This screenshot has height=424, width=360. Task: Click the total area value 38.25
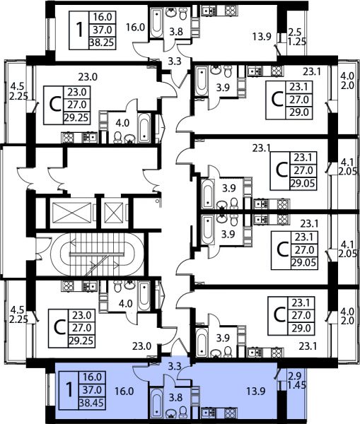(x=103, y=42)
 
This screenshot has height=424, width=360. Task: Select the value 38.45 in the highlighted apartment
(x=91, y=404)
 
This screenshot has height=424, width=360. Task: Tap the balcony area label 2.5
(x=294, y=33)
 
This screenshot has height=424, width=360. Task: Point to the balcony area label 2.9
(x=294, y=376)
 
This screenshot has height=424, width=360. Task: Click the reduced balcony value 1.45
(x=297, y=385)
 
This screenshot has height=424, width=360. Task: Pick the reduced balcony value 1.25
(x=297, y=42)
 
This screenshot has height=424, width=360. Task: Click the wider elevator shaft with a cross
(x=71, y=213)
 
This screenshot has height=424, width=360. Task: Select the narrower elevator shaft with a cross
(x=114, y=213)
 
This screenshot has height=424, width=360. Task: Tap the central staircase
(x=97, y=254)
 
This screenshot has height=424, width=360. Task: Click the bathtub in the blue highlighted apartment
(x=156, y=404)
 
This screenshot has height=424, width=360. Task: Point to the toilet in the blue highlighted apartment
(x=183, y=411)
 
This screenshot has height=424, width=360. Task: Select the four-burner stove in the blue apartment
(x=231, y=413)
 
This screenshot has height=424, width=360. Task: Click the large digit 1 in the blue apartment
(x=69, y=390)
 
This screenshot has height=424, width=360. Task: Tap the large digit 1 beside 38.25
(x=79, y=30)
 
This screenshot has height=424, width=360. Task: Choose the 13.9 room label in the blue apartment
(x=255, y=391)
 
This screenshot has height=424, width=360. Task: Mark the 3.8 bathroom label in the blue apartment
(x=176, y=397)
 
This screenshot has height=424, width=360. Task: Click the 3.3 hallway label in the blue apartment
(x=174, y=367)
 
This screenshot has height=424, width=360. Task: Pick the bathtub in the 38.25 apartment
(x=156, y=23)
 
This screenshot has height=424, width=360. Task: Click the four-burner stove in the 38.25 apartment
(x=231, y=10)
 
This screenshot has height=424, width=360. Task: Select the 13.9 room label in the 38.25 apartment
(x=262, y=37)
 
